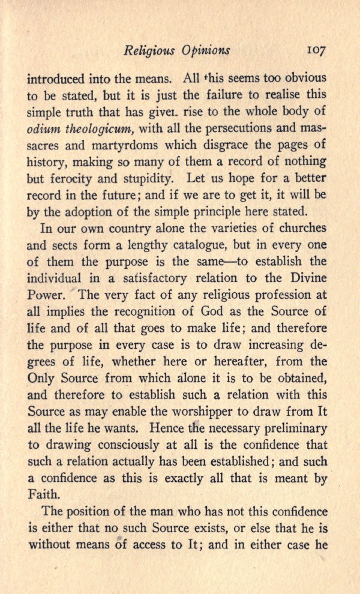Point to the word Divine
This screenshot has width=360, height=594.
point(307,278)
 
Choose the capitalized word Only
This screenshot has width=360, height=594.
point(41,377)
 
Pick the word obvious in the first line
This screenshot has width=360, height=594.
point(304,79)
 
